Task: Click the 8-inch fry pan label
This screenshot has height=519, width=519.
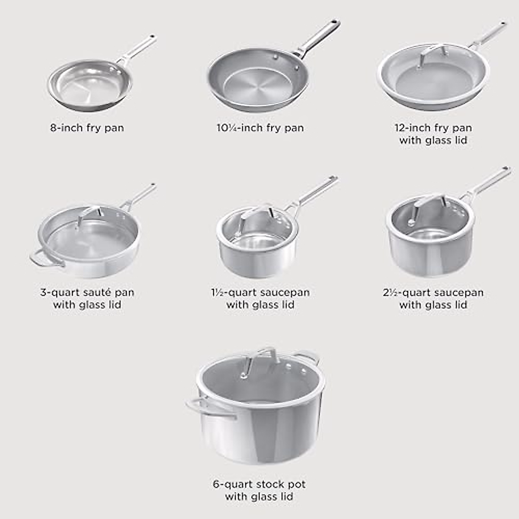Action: tap(87, 128)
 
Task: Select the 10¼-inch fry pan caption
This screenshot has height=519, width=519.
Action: tap(260, 128)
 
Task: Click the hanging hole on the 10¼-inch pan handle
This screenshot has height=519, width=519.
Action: tap(333, 22)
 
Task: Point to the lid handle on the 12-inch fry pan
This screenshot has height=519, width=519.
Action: tap(432, 51)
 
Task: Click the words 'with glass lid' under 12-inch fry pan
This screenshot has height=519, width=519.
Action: tap(433, 140)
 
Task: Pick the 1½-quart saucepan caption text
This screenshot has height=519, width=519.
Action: tap(260, 293)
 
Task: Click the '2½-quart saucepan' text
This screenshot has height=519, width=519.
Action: tap(433, 293)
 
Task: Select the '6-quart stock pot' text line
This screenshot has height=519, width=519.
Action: tap(259, 484)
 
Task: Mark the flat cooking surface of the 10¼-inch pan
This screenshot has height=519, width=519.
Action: tap(255, 85)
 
